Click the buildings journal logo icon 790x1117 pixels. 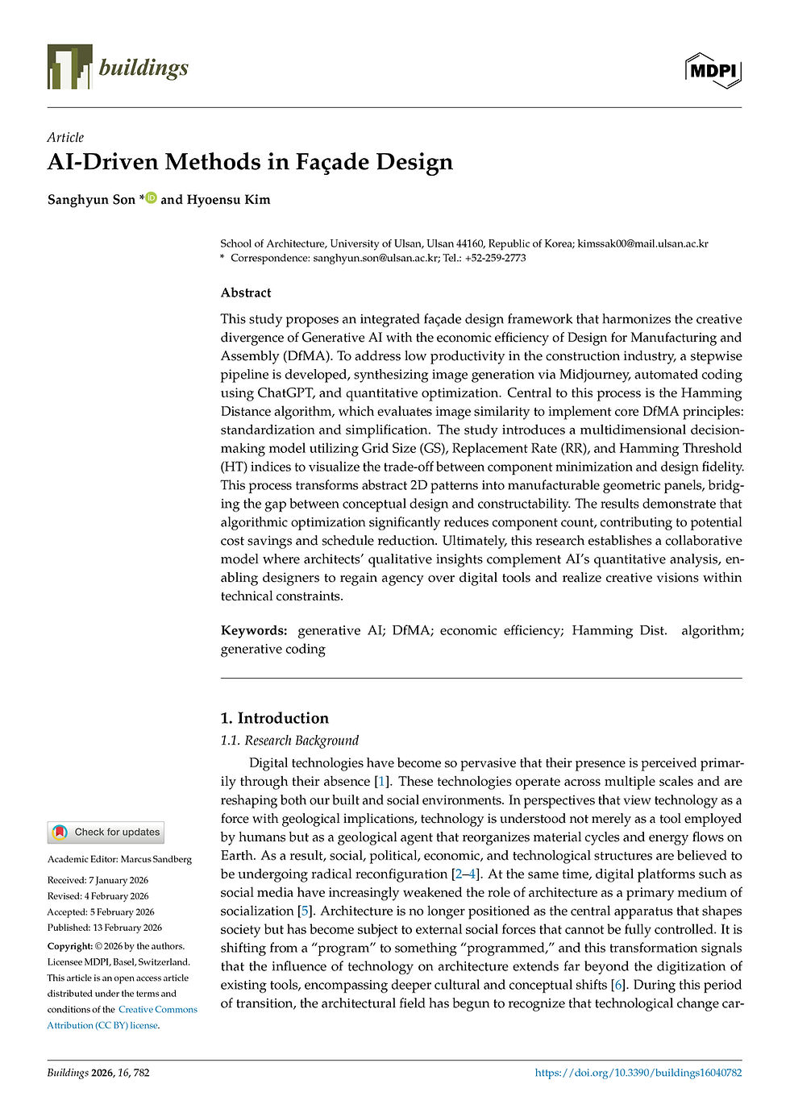69,67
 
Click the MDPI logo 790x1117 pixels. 713,71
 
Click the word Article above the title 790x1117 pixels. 65,137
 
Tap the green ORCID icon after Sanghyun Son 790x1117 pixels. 151,197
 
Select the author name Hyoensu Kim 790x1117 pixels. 228,199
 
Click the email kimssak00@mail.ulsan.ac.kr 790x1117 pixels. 642,243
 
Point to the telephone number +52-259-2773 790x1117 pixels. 495,258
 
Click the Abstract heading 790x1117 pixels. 246,293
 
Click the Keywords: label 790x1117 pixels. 254,630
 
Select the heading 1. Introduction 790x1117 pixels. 275,718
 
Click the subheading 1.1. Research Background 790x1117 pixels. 289,741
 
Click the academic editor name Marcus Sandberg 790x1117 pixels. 156,859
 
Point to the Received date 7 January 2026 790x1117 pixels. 118,880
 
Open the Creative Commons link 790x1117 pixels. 157,1009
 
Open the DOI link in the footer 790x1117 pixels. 638,1073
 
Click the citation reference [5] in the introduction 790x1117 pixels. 305,911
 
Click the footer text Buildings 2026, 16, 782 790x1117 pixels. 98,1073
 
